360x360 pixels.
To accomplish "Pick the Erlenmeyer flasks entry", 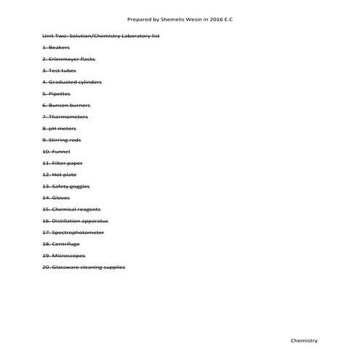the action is [x=68, y=59].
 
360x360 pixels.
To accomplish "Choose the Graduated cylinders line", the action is [x=72, y=82].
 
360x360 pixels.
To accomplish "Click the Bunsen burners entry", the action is [x=66, y=105].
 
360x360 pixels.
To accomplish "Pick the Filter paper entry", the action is [x=62, y=163].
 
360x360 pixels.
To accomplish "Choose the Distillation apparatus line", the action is [x=76, y=220].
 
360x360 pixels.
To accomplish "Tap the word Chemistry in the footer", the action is [x=304, y=340].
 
